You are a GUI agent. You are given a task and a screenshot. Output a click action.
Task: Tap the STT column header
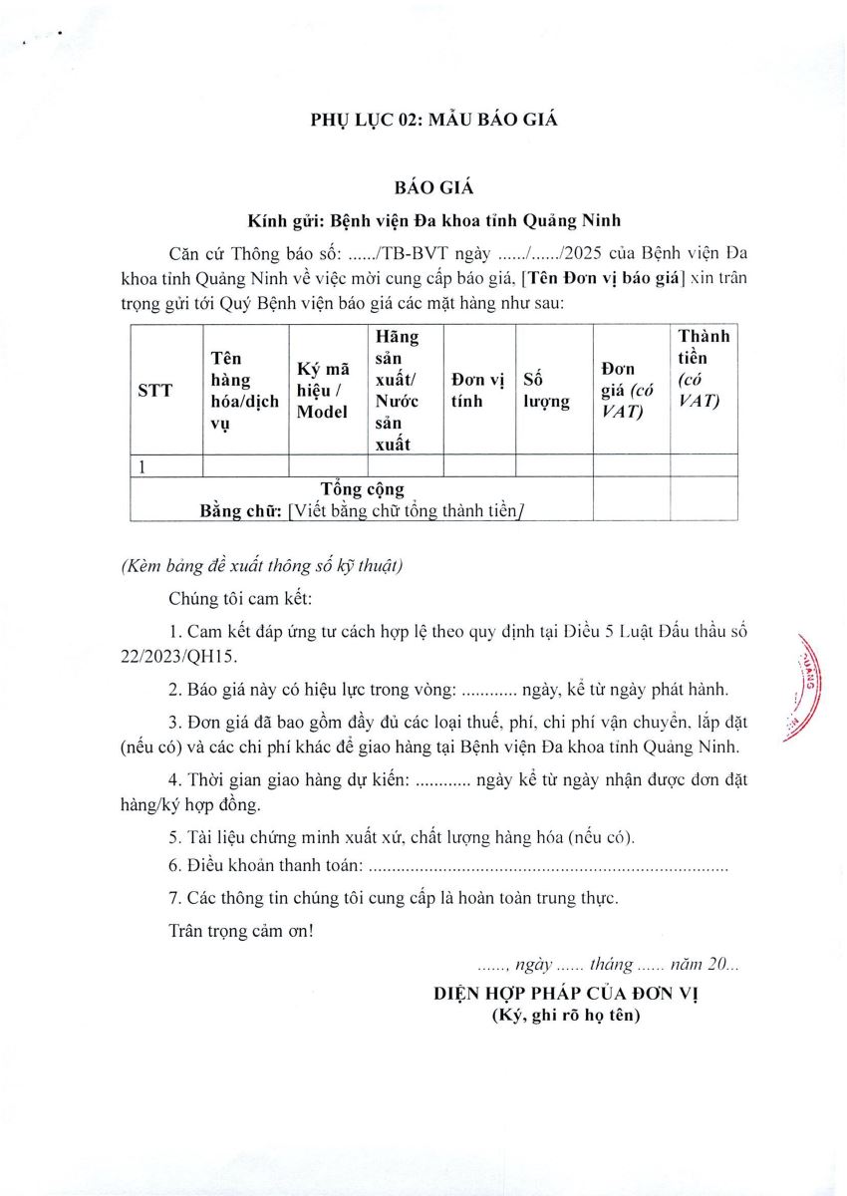tap(154, 391)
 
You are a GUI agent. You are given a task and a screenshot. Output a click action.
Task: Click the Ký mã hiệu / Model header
tap(323, 391)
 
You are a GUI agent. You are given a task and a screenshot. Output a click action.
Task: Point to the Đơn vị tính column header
tap(478, 390)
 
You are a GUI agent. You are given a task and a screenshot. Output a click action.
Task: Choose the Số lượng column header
tap(547, 390)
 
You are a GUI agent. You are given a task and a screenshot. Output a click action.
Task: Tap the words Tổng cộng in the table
tap(363, 488)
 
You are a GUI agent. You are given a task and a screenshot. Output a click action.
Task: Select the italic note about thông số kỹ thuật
tap(261, 566)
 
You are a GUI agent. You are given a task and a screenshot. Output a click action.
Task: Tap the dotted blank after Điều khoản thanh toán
tap(548, 868)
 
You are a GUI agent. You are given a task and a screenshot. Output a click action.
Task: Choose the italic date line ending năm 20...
tap(608, 965)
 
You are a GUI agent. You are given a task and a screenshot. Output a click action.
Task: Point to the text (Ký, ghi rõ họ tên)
tap(566, 1016)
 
